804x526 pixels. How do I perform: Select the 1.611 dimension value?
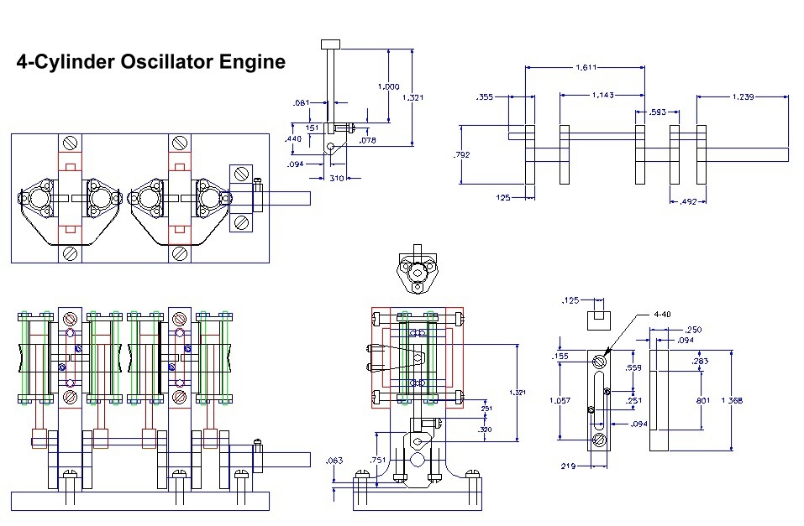[587, 66]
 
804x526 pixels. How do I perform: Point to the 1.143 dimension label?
[603, 95]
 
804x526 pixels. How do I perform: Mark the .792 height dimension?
[461, 154]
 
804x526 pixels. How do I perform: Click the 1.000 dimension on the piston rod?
[388, 86]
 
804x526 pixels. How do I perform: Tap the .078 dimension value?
[367, 140]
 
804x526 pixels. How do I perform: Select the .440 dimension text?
[294, 138]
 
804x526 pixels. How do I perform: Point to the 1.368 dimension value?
[732, 400]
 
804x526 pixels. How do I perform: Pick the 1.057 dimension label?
[560, 400]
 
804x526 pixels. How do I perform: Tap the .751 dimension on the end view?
[378, 460]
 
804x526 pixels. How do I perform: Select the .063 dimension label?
[334, 460]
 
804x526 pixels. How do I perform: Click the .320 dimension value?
[485, 429]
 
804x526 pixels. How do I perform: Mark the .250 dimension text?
[694, 330]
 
